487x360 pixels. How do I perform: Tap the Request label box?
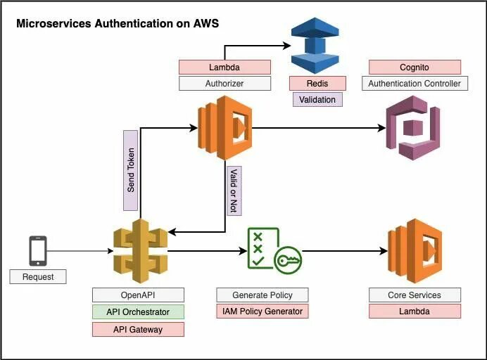point(37,276)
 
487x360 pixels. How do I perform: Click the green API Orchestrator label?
point(138,311)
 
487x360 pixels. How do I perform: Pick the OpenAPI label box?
point(138,295)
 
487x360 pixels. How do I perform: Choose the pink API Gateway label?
point(138,329)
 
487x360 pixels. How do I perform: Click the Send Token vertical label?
point(130,170)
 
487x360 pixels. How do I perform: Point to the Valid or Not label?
point(234,190)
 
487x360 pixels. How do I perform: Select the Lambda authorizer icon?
point(224,127)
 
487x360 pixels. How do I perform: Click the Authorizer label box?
point(224,84)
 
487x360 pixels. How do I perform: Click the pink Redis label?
point(317,84)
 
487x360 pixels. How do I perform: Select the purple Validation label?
point(317,99)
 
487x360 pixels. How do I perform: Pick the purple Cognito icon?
point(412,127)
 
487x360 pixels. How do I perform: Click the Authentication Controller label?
point(415,84)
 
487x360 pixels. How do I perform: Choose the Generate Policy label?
point(263,295)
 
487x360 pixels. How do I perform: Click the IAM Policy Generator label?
point(263,311)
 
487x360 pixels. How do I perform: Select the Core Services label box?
point(415,295)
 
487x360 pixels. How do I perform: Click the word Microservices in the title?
point(53,24)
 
